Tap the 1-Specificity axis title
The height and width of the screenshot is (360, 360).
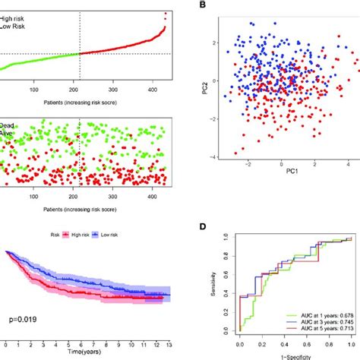pyautogui.click(x=282, y=355)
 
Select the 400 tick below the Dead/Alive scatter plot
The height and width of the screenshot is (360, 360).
pyautogui.click(x=148, y=197)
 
